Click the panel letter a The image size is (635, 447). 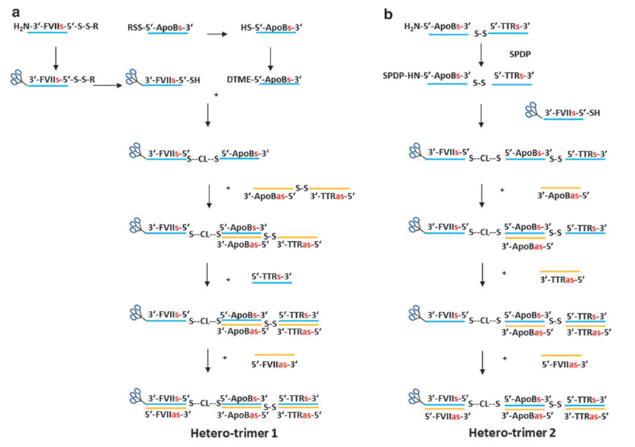coord(15,13)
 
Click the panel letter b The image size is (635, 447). coord(388,15)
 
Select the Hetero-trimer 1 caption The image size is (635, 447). coord(234,433)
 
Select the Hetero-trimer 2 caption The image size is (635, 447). coord(512,433)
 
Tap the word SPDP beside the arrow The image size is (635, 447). coord(520,54)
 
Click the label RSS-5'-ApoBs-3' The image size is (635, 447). coord(160,27)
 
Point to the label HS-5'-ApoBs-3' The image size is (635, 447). coord(272,27)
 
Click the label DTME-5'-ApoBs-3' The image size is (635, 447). coord(264,79)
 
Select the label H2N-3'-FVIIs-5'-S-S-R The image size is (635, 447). coord(56,26)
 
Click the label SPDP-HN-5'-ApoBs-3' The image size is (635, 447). coord(427,76)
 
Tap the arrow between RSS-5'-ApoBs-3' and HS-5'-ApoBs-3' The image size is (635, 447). coord(217,35)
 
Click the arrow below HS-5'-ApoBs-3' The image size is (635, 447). coord(270,59)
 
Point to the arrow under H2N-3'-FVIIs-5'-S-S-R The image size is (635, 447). coord(56,58)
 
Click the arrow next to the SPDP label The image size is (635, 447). coord(481,54)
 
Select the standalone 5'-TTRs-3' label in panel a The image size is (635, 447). coord(272,276)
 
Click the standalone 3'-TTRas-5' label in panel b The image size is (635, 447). coord(562,279)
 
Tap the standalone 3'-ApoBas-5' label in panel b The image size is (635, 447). coord(563,196)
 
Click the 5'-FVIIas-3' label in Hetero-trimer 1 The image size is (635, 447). coord(168,415)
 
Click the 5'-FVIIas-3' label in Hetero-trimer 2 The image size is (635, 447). coord(448,416)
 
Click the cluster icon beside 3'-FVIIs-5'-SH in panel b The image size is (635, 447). coord(533,110)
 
